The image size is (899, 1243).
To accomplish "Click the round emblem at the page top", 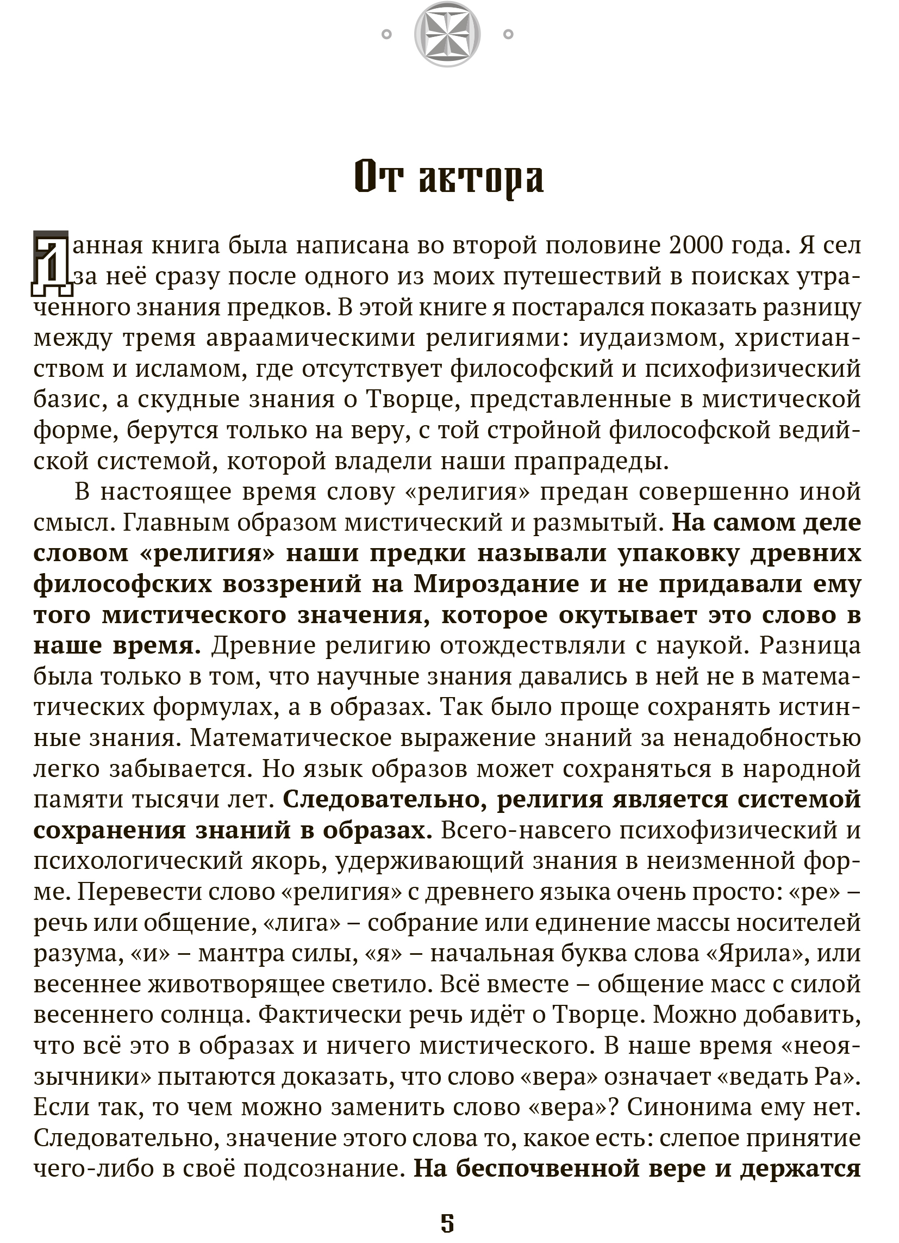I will pyautogui.click(x=447, y=34).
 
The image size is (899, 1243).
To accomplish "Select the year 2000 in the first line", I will pyautogui.click(x=699, y=246).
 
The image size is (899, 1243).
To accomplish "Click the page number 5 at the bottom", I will pyautogui.click(x=447, y=1223).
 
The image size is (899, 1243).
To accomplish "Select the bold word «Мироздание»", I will pyautogui.click(x=496, y=584).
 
